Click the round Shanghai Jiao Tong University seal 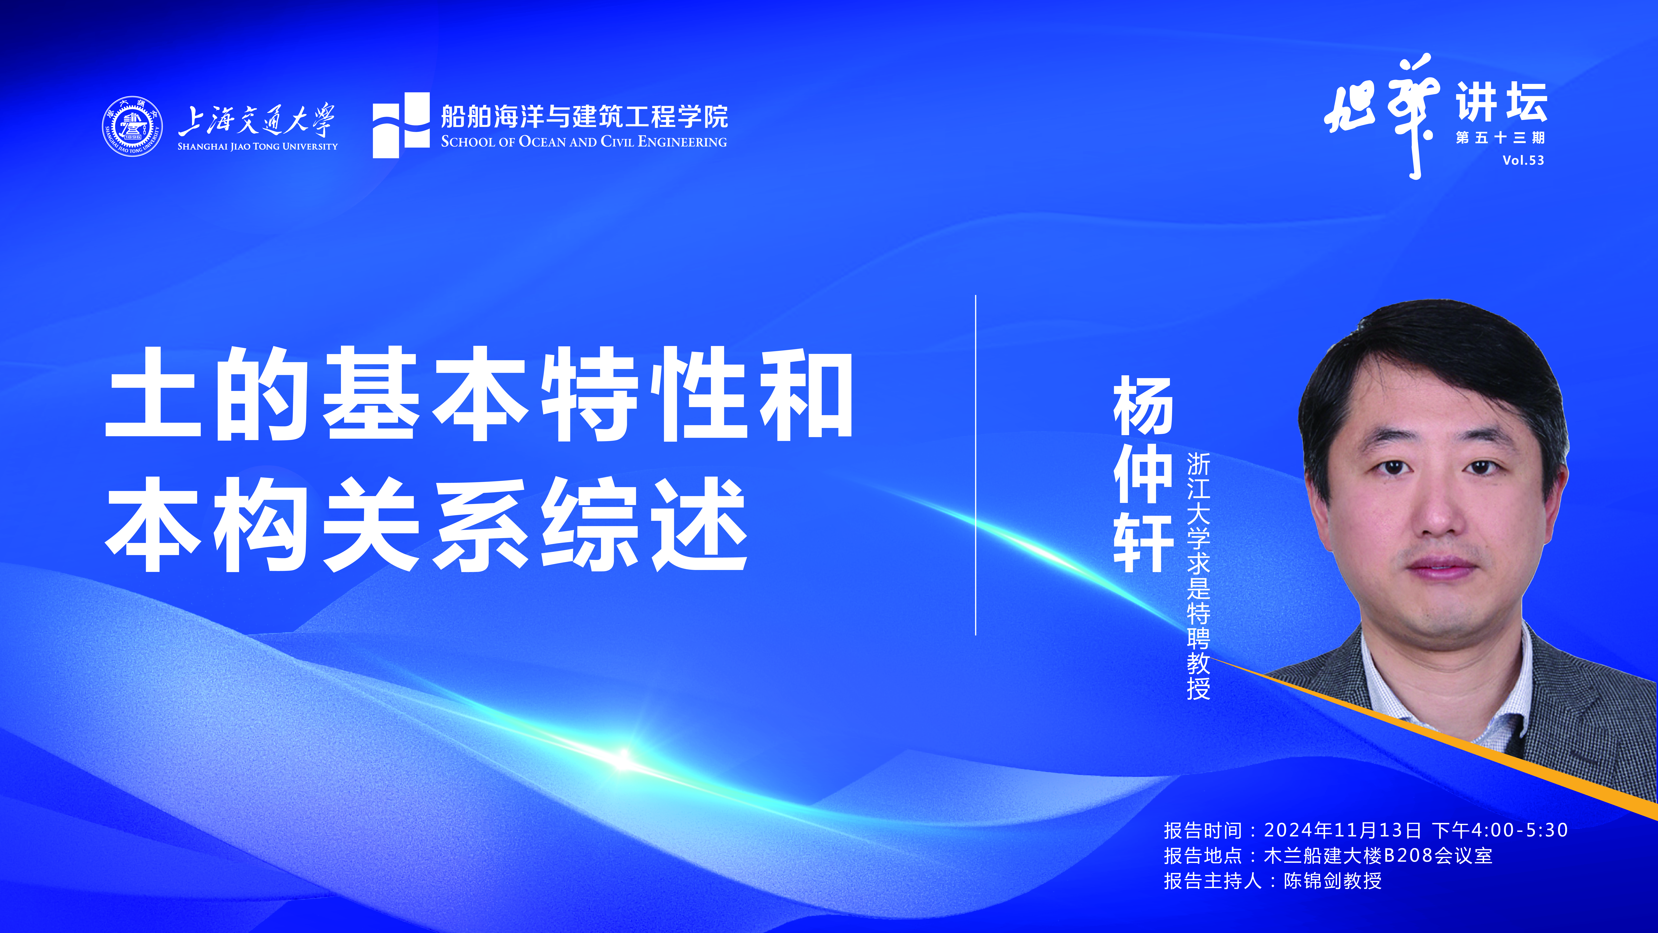(x=132, y=126)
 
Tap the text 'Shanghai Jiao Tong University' (x=257, y=146)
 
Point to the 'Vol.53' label (x=1523, y=160)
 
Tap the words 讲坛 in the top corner (x=1502, y=102)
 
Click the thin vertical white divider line (x=976, y=465)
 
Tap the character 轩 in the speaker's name (x=1143, y=542)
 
